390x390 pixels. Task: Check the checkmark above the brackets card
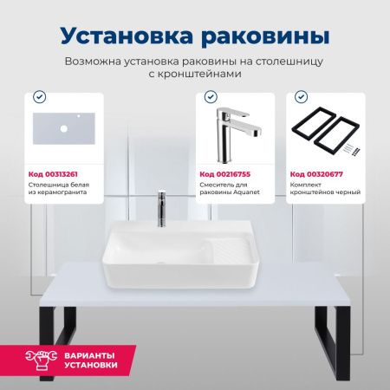pos(302,97)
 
